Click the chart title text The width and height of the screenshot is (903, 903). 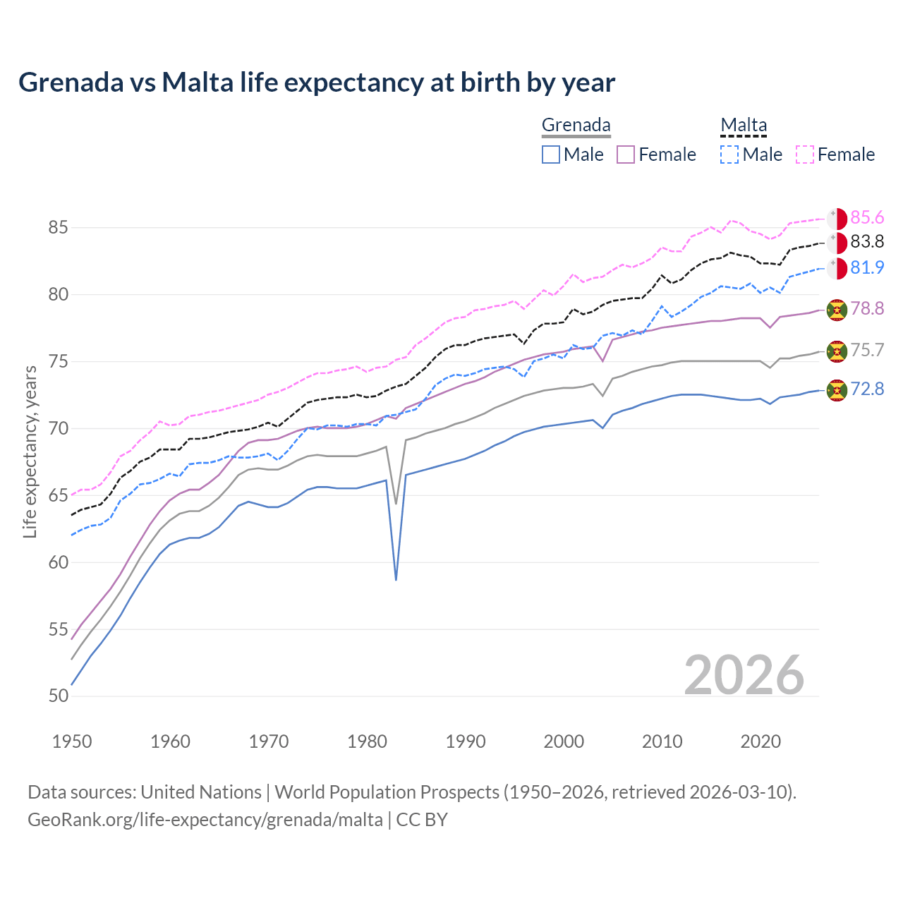click(317, 83)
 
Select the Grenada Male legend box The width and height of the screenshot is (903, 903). click(551, 154)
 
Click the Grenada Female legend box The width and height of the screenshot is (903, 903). click(626, 154)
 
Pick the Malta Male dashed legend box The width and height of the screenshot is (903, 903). click(729, 154)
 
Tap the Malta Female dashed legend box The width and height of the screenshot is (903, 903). click(805, 154)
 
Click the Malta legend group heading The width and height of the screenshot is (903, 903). click(744, 126)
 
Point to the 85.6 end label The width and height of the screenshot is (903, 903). click(867, 218)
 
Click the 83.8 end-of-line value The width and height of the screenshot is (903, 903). click(867, 242)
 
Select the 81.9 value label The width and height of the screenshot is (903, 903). click(867, 268)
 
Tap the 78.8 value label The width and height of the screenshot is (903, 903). click(867, 309)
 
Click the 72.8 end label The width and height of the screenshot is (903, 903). click(867, 389)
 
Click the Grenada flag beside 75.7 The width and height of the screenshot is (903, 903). click(837, 351)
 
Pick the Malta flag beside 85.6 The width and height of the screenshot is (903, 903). click(837, 219)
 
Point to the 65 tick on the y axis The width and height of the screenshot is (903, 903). click(59, 496)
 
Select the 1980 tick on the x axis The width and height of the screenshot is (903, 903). click(368, 741)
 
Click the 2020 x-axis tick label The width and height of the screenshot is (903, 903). click(760, 741)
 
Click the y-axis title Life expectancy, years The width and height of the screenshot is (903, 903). click(30, 451)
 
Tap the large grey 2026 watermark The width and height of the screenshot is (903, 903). click(744, 675)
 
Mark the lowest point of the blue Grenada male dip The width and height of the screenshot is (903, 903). click(396, 579)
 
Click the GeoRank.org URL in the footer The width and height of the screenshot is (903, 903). click(205, 820)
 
